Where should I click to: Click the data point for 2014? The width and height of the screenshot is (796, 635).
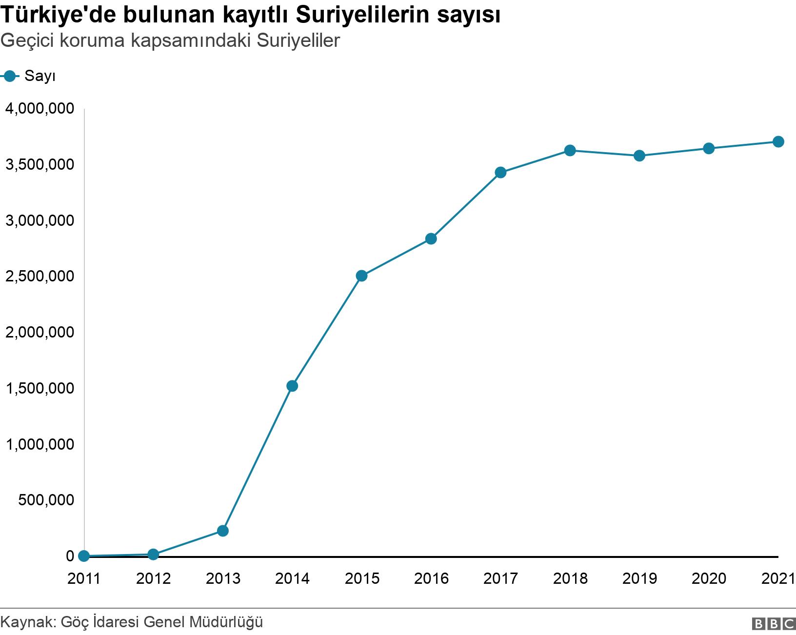coord(292,386)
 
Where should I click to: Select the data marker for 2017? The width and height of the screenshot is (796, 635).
coord(500,172)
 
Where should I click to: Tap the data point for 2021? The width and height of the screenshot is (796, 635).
coord(778,142)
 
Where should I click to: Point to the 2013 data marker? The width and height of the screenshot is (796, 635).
coord(222,531)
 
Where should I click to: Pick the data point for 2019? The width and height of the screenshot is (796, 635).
coord(639,156)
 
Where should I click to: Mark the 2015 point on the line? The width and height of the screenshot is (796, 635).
coord(361,276)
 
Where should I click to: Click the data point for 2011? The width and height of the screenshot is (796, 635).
coord(84,556)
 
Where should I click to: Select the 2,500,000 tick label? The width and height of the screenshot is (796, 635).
coord(40,276)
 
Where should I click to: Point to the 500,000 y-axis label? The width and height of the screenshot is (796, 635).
coord(47,500)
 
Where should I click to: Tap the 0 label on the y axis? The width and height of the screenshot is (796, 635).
coord(70,556)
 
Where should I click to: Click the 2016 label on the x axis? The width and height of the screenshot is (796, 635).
coord(431,579)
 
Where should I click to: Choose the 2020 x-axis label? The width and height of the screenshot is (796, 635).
coord(709,579)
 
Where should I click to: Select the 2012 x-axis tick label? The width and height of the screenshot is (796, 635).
coord(153,579)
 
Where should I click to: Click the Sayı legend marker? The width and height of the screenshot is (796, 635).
coord(10,76)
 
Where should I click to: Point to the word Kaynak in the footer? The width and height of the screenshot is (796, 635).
coord(30,623)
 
